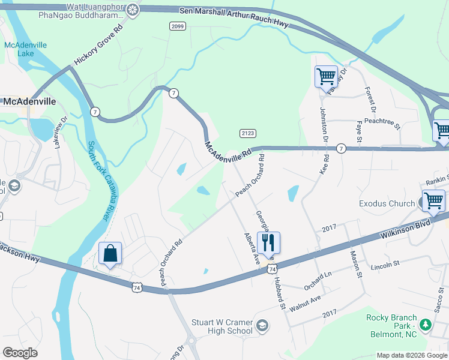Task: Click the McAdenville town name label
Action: (29, 101)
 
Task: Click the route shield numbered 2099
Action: (177, 26)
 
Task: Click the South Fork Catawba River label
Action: (100, 180)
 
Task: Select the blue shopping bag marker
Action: (110, 254)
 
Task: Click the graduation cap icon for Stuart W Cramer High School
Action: (262, 326)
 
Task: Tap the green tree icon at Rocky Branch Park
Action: (426, 325)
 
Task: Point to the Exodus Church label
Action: (387, 203)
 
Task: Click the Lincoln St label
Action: (385, 265)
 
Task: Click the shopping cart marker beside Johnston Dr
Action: (325, 76)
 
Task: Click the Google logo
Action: (20, 353)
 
